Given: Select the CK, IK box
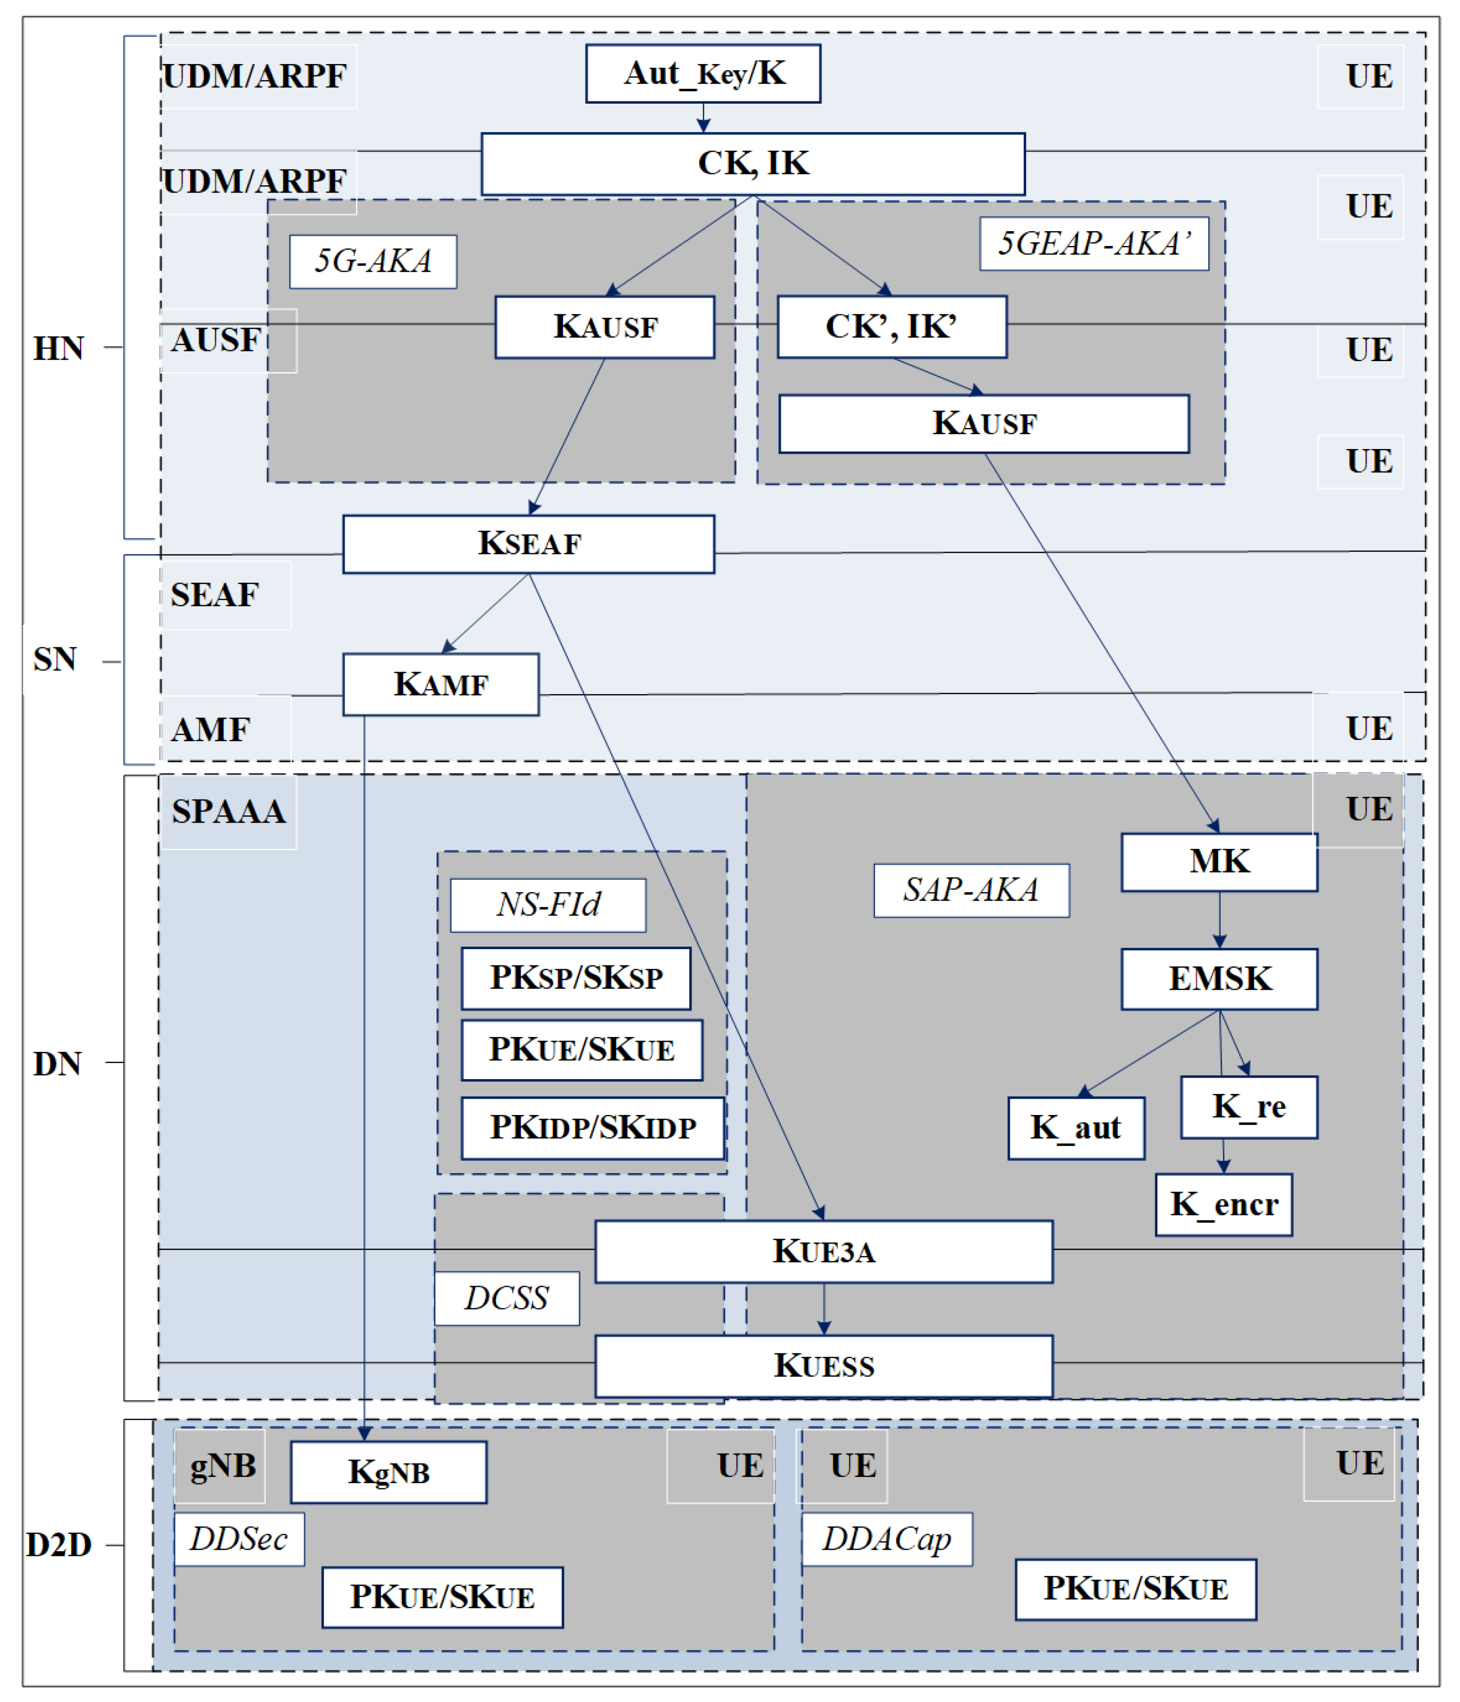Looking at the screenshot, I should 753,163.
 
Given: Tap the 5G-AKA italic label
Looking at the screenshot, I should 373,261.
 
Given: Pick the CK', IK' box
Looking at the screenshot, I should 891,326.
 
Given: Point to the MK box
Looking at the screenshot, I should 1219,862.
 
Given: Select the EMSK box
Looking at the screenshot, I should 1219,978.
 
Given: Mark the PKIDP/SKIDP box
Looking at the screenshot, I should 593,1128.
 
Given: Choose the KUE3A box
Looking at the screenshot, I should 823,1251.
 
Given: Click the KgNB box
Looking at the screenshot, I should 389,1472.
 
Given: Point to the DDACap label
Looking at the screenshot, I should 887,1539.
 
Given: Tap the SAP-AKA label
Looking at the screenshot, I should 971,889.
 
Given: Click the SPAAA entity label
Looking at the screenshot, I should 228,812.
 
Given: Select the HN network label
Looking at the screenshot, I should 58,348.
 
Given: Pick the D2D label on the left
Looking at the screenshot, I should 58,1545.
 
